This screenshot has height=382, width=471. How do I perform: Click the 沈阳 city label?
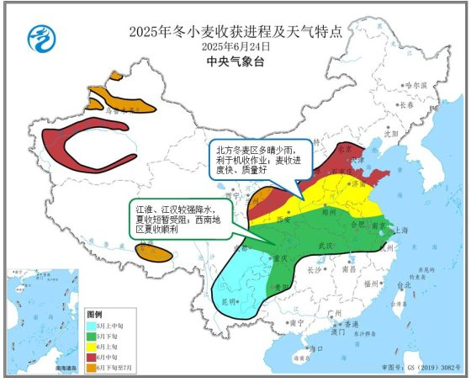[390, 133]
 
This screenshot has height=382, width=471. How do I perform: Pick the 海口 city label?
[315, 348]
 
